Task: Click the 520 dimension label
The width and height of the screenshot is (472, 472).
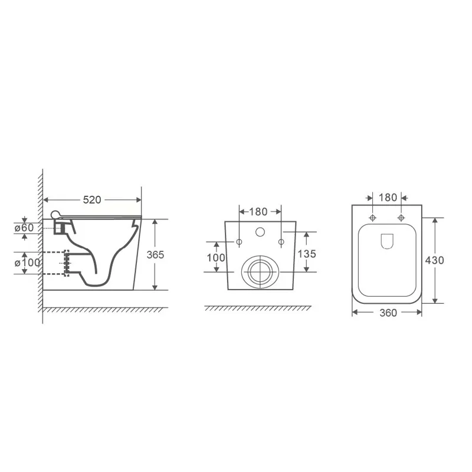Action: pyautogui.click(x=92, y=200)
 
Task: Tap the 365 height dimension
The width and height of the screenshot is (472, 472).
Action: pyautogui.click(x=155, y=255)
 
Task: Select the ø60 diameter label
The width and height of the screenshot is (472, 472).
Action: pyautogui.click(x=24, y=228)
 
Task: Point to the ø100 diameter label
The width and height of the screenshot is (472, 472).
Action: pyautogui.click(x=27, y=263)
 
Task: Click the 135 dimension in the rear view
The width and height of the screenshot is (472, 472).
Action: pyautogui.click(x=307, y=254)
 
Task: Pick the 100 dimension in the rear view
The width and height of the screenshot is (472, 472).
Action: pyautogui.click(x=216, y=258)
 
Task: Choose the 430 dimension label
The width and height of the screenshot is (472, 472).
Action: pyautogui.click(x=434, y=260)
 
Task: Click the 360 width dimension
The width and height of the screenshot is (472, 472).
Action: pyautogui.click(x=388, y=313)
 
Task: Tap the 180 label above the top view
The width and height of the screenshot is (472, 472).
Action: pyautogui.click(x=388, y=198)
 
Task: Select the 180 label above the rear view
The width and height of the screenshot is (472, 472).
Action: pyautogui.click(x=258, y=212)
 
